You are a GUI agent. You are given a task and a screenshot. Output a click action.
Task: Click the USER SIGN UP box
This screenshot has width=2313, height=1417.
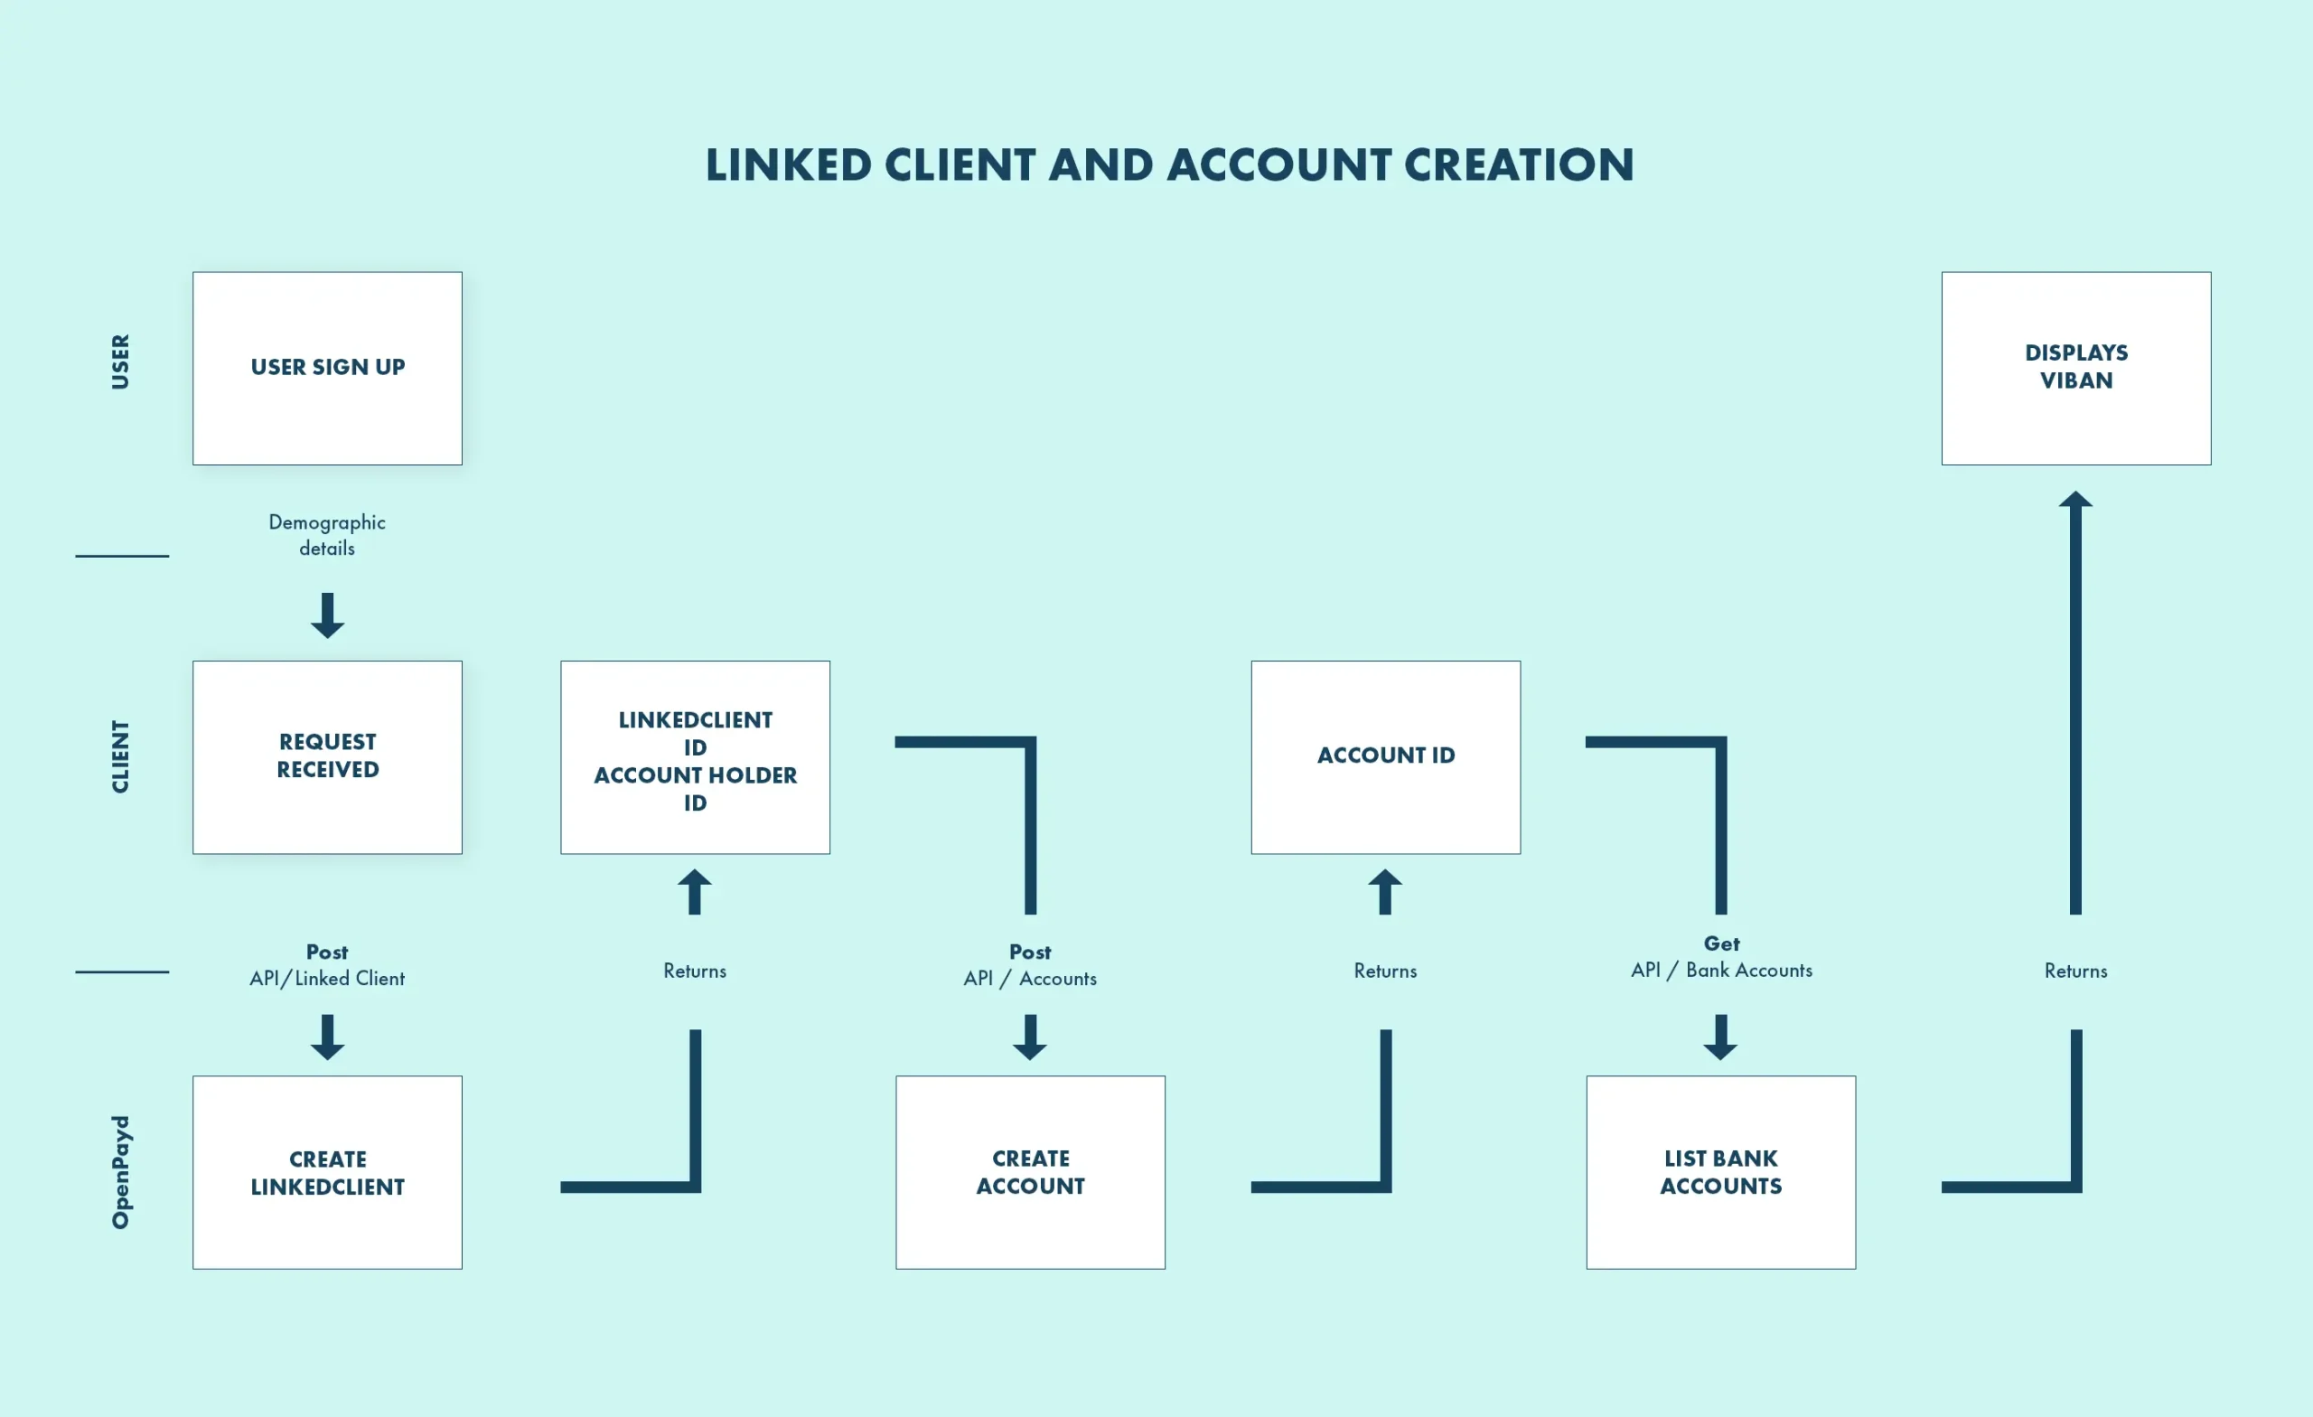[x=327, y=368]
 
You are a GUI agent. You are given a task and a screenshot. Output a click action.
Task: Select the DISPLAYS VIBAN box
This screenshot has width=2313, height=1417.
[x=2075, y=368]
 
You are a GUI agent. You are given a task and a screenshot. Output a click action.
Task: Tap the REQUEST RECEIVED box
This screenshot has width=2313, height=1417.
[x=327, y=757]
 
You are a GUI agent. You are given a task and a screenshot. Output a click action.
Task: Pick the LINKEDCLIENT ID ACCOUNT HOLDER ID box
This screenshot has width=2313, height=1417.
[x=695, y=757]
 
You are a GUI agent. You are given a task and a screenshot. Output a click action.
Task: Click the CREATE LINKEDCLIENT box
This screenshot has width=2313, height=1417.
[x=327, y=1172]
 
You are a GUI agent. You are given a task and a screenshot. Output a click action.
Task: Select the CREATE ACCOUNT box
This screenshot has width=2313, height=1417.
[x=1030, y=1172]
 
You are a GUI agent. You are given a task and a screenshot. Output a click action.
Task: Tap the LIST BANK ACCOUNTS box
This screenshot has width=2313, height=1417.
[x=1719, y=1172]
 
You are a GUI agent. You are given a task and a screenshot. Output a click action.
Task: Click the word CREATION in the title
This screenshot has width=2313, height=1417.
[x=1518, y=165]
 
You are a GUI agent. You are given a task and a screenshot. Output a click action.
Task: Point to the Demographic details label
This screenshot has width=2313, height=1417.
[x=327, y=534]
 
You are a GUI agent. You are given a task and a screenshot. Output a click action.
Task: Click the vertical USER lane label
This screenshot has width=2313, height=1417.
[x=120, y=361]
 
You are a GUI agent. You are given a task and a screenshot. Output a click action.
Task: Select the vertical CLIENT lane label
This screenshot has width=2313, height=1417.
[x=120, y=757]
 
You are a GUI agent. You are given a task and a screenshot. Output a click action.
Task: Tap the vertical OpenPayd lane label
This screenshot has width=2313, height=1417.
[x=120, y=1172]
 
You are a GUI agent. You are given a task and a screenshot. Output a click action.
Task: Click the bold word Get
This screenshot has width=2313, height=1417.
[x=1720, y=943]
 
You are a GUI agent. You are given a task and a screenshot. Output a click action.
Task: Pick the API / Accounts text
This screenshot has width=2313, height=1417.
[x=1030, y=979]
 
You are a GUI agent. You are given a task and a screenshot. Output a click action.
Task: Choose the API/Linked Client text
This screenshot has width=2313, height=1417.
[x=327, y=979]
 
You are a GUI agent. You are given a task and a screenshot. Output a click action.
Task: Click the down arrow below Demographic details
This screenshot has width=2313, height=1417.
[x=327, y=616]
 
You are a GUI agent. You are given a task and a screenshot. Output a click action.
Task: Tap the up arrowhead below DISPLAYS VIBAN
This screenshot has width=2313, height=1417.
[x=2075, y=502]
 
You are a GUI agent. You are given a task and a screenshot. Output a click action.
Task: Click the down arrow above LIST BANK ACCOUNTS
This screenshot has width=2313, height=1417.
[x=1719, y=1037]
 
